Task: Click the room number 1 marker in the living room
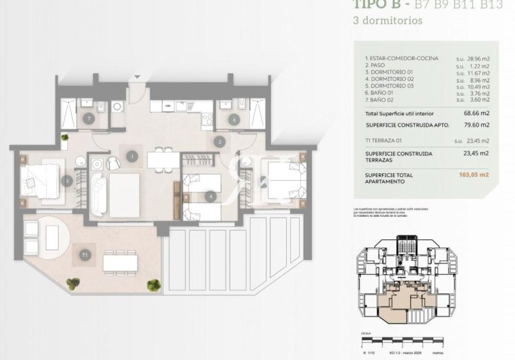(x=131, y=157)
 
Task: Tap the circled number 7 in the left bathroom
(x=89, y=118)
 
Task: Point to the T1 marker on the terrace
(x=85, y=255)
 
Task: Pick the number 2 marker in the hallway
(x=220, y=142)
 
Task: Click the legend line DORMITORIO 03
(x=389, y=87)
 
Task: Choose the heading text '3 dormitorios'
(x=388, y=20)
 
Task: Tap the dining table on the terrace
(x=120, y=262)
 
